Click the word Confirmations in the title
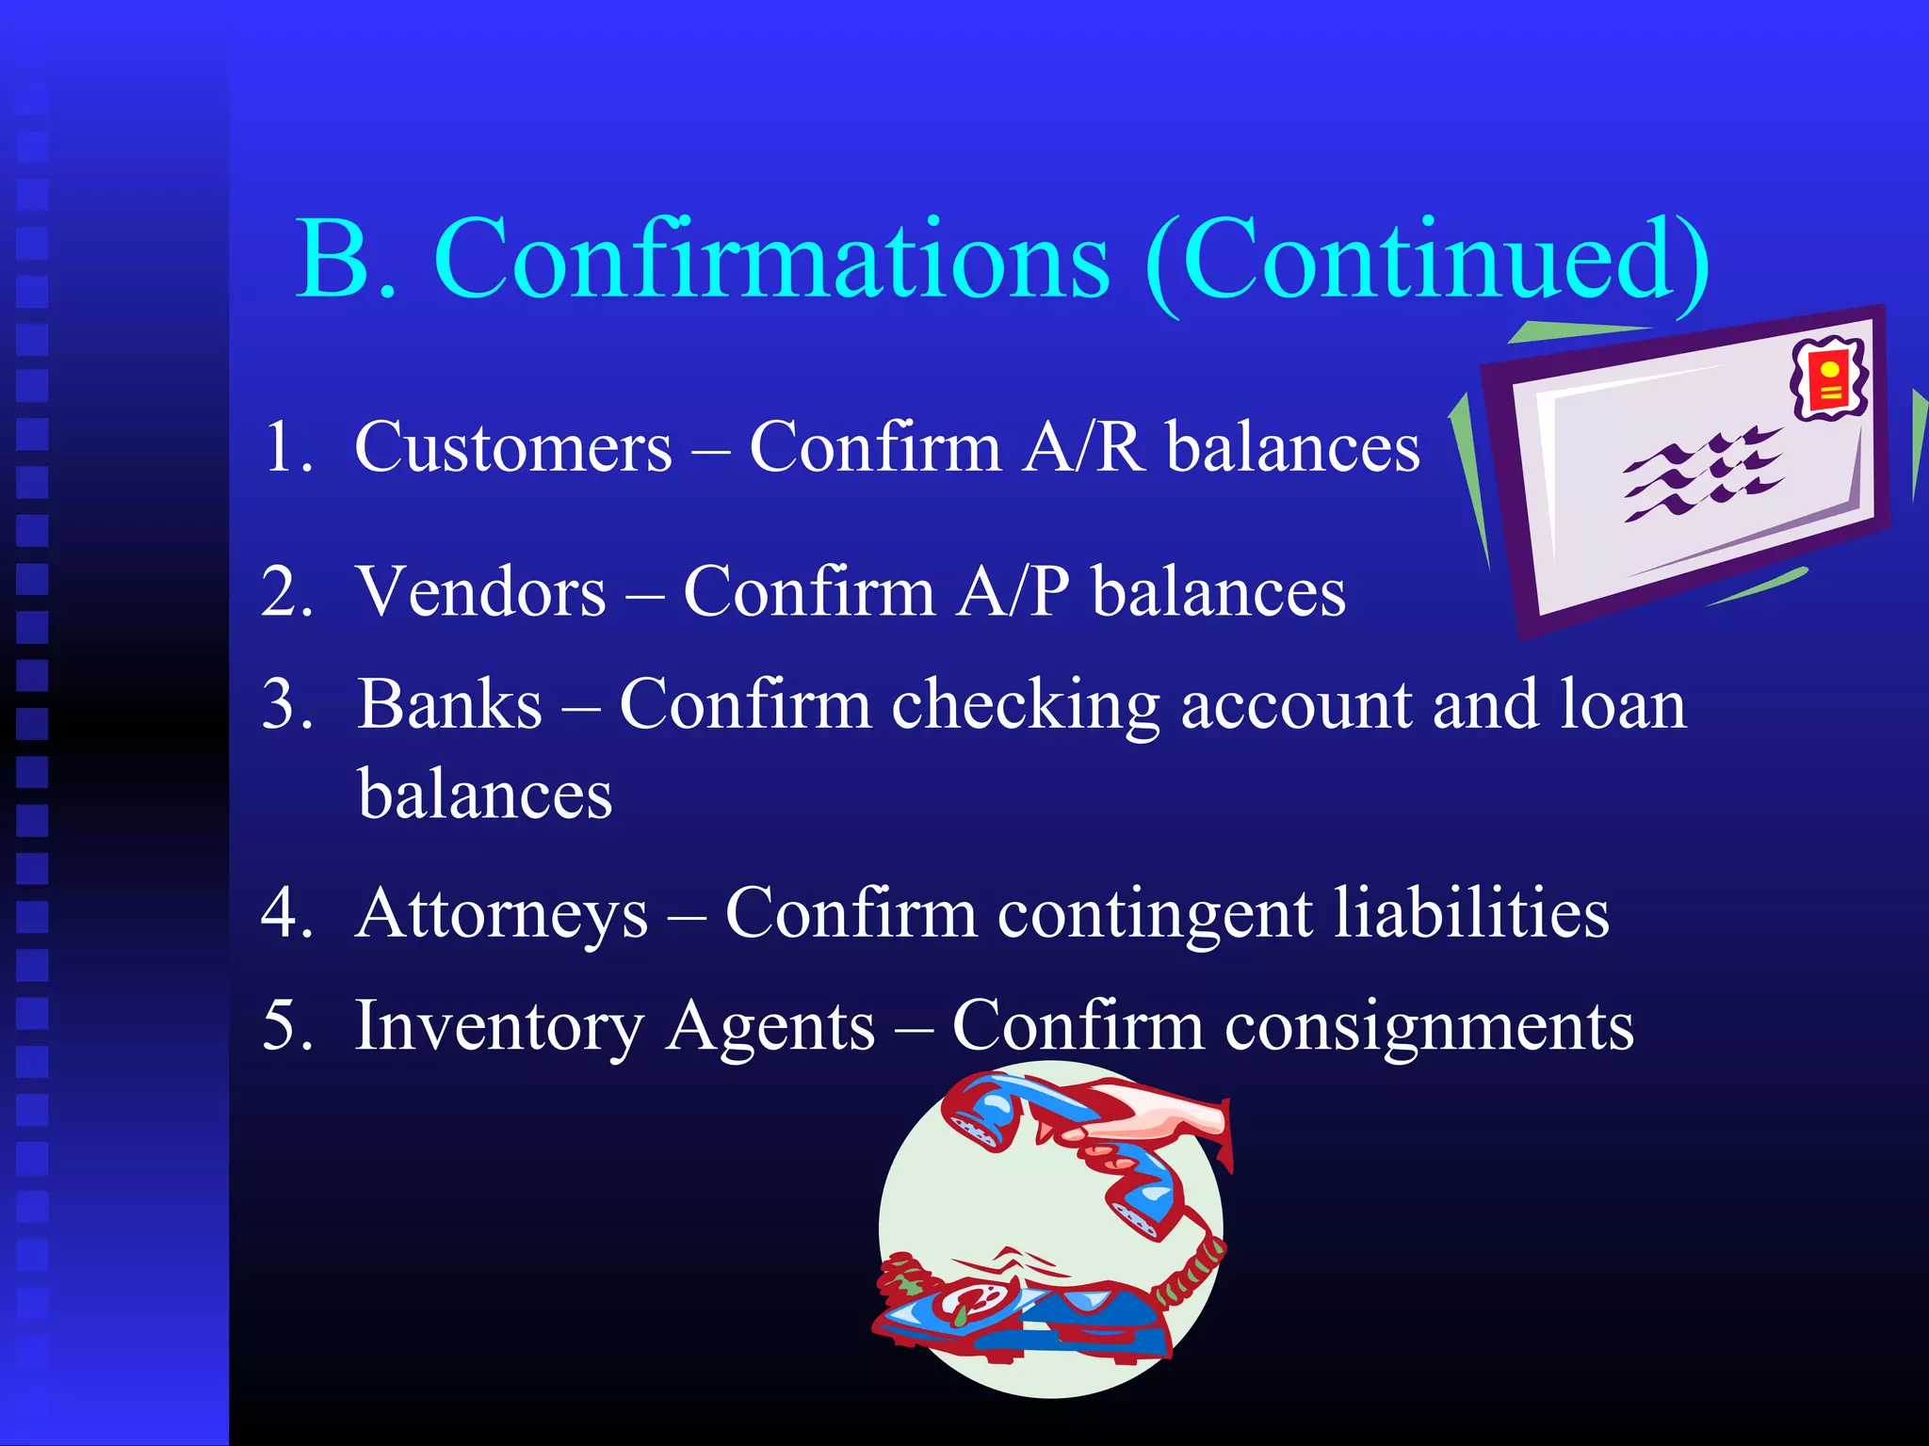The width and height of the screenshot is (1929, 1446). (x=771, y=259)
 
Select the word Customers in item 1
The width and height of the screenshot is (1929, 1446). (x=513, y=446)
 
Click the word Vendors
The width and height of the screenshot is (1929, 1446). (x=482, y=592)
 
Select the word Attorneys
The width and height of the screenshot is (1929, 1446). (x=503, y=913)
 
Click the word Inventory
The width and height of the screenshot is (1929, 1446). (x=499, y=1026)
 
